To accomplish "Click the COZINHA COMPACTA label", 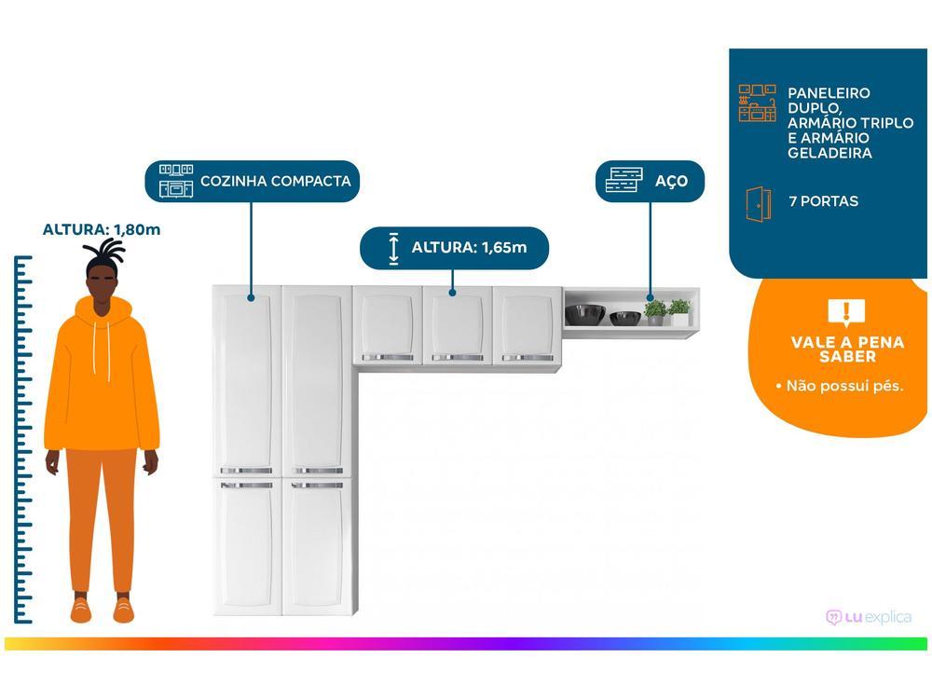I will point(275,181).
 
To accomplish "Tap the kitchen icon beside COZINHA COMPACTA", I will point(176,181).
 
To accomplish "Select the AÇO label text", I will point(671,181).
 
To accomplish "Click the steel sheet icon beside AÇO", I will point(624,180).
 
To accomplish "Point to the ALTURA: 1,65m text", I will point(469,247).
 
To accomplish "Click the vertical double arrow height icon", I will point(393,247).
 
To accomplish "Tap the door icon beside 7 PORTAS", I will point(758,203).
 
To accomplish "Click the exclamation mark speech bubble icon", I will point(846,312).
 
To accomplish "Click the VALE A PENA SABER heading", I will point(847,349).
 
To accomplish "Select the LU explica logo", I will point(869,617).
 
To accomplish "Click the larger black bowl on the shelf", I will point(585,314).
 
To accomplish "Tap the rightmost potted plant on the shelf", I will point(679,311).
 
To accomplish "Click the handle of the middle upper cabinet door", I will point(457,357).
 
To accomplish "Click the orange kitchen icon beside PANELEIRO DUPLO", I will point(757,103).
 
